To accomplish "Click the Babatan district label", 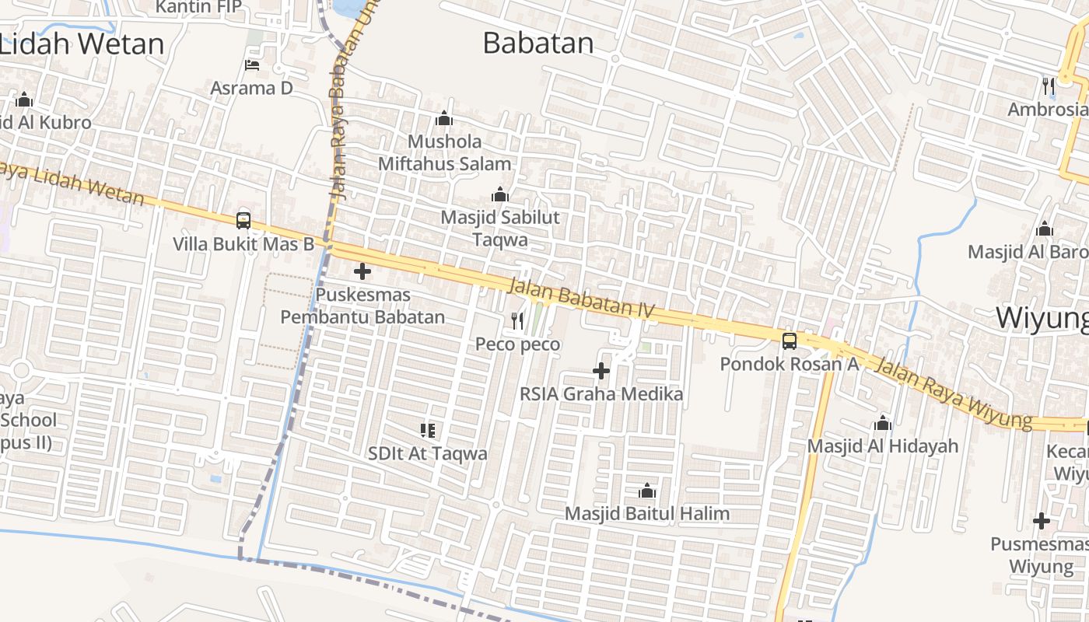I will pyautogui.click(x=537, y=43).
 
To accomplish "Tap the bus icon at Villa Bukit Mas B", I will pyautogui.click(x=243, y=220).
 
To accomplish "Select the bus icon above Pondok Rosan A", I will pyautogui.click(x=789, y=341).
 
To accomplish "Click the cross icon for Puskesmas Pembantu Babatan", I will pyautogui.click(x=362, y=271).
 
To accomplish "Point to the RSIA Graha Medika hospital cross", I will pyautogui.click(x=601, y=371).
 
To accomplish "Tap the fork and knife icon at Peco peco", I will pyautogui.click(x=517, y=320).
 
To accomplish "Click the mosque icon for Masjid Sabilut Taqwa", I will pyautogui.click(x=500, y=194).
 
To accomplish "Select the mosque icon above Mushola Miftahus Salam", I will pyautogui.click(x=444, y=118).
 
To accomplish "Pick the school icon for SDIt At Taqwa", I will pyautogui.click(x=427, y=430).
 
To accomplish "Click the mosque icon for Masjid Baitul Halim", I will pyautogui.click(x=646, y=491).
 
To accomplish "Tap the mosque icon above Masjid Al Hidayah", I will pyautogui.click(x=882, y=423).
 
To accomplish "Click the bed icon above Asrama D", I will pyautogui.click(x=251, y=65).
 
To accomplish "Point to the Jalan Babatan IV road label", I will pyautogui.click(x=581, y=299).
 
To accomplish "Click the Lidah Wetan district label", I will pyautogui.click(x=82, y=44).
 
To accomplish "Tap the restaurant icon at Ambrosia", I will pyautogui.click(x=1049, y=86).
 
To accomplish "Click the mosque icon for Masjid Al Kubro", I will pyautogui.click(x=24, y=100).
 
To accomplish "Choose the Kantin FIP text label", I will pyautogui.click(x=198, y=7).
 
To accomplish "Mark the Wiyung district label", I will pyautogui.click(x=1042, y=318).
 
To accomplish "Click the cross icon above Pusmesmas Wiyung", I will pyautogui.click(x=1042, y=521).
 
